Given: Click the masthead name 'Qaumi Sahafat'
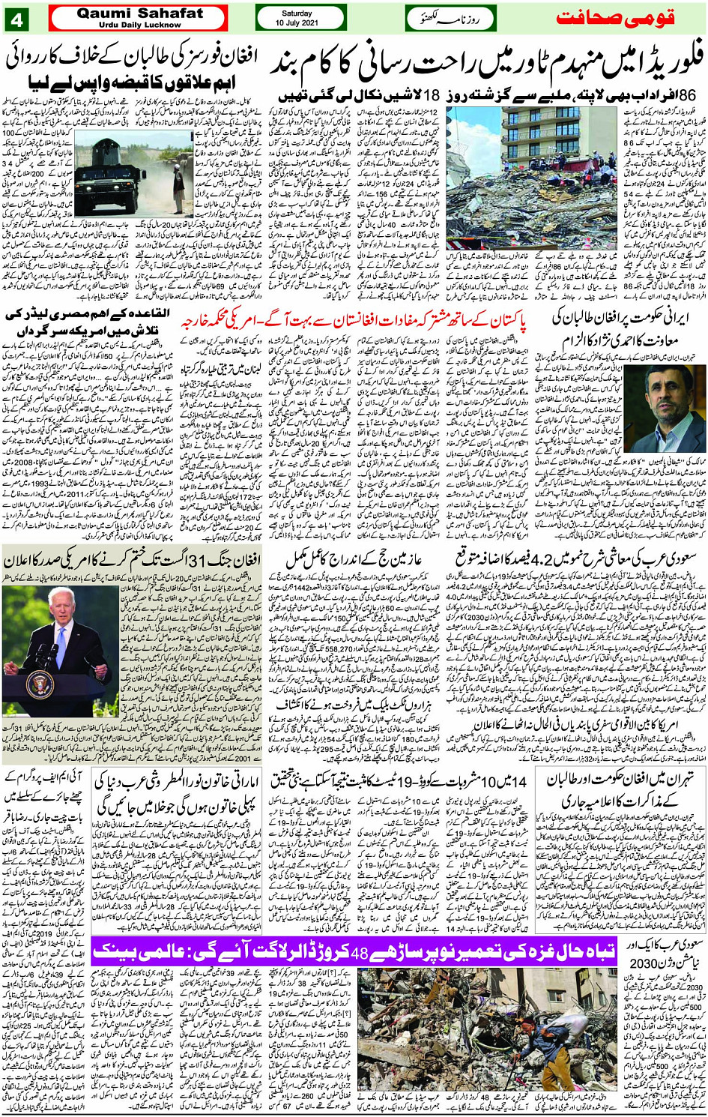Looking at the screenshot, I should click(x=140, y=13).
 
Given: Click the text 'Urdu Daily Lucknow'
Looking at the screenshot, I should click(x=140, y=25).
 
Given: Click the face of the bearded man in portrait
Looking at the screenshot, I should click(x=665, y=389).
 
